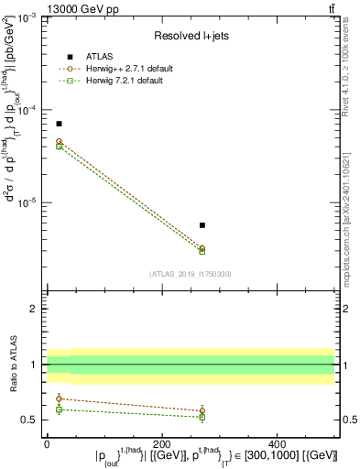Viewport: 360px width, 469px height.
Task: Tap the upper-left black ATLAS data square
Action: coord(59,124)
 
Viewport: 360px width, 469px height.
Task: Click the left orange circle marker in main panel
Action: coord(59,142)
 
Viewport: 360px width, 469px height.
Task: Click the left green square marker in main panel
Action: coord(59,147)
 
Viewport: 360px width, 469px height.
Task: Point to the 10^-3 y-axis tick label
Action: coord(29,18)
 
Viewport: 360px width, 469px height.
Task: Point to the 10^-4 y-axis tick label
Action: coord(29,111)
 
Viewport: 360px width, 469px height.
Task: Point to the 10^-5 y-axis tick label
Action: coord(29,202)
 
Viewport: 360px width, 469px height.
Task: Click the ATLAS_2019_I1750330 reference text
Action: coord(190,273)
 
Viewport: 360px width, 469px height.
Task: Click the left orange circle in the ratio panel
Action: coord(59,398)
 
